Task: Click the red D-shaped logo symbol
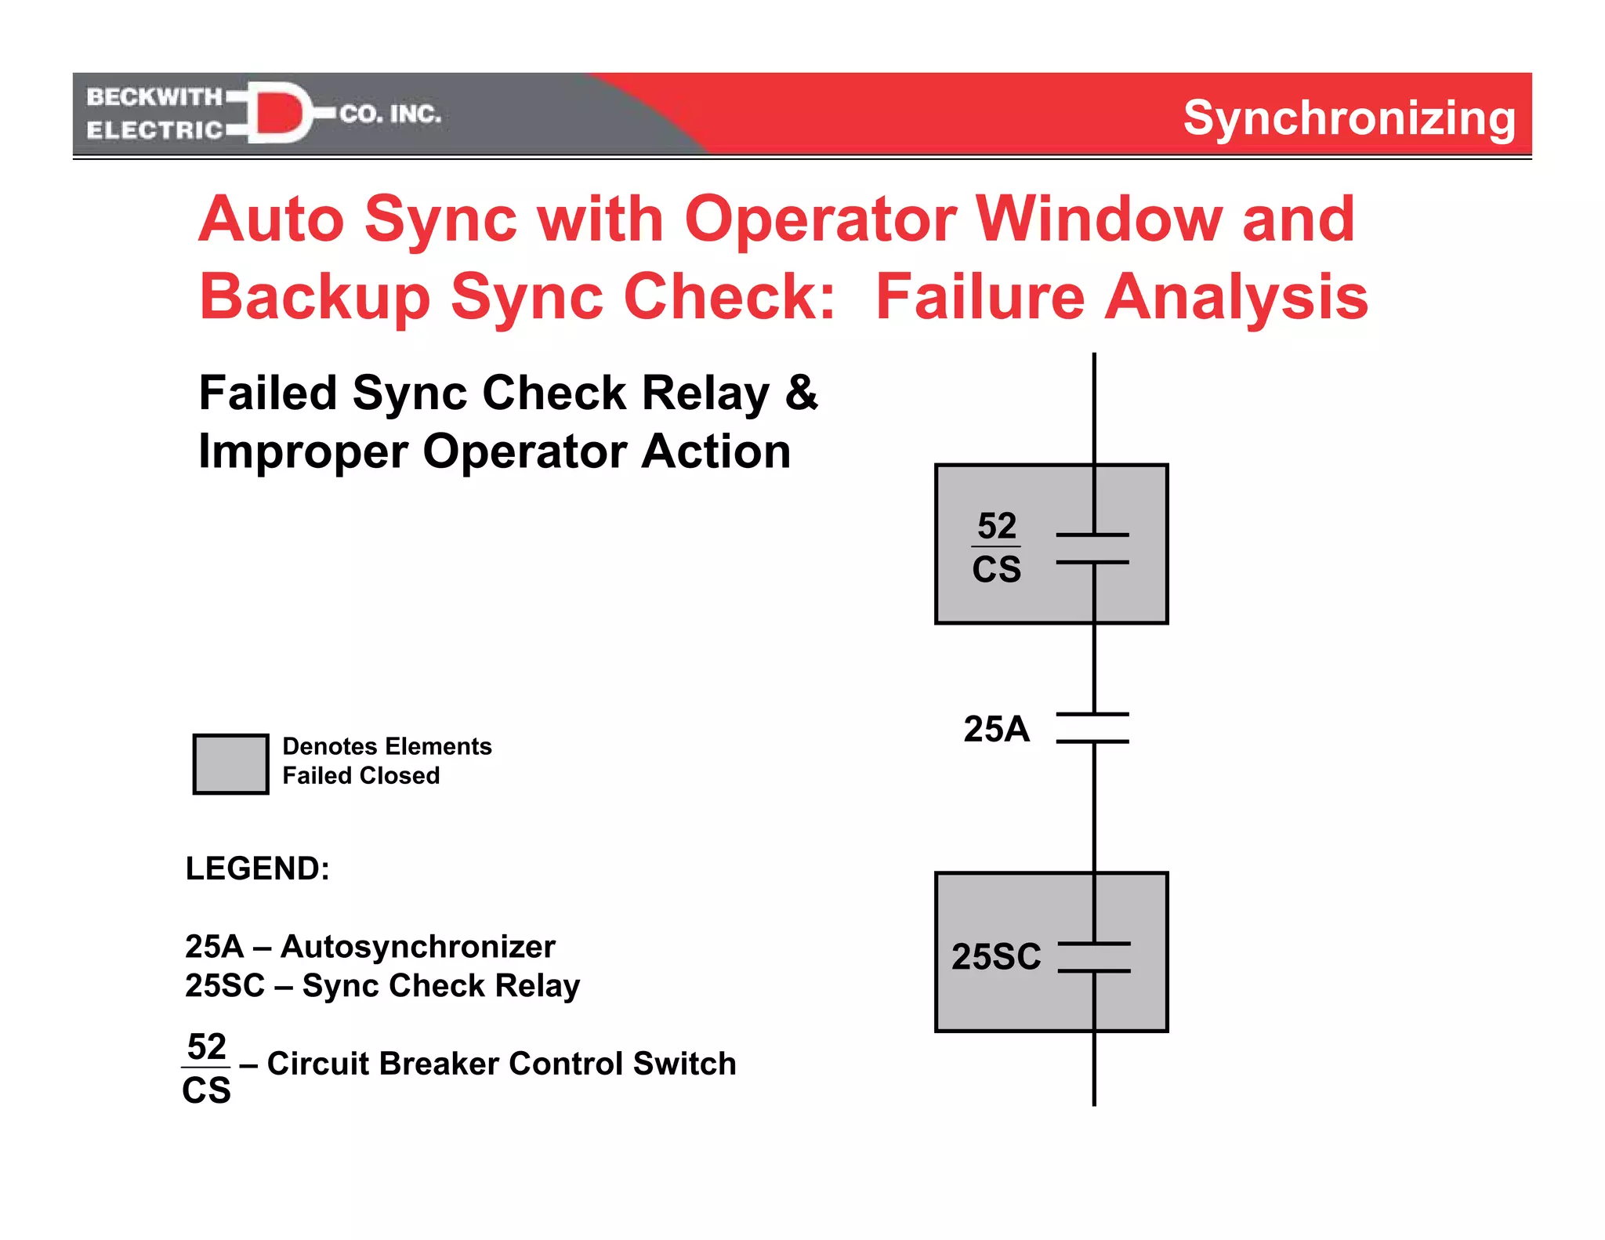point(278,114)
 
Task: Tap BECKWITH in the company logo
point(154,96)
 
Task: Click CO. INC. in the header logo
point(390,114)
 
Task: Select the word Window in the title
point(1098,219)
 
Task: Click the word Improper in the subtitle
point(303,452)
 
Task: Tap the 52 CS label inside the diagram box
point(996,547)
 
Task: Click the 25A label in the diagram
point(996,729)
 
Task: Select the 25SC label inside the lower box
point(996,957)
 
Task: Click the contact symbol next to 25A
point(1093,727)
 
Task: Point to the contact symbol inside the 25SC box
point(1094,957)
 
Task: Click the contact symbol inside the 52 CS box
point(1093,548)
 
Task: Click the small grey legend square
point(231,763)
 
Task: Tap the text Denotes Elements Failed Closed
point(386,760)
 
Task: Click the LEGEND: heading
point(257,868)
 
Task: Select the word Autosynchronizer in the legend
point(418,947)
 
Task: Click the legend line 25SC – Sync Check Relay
point(382,985)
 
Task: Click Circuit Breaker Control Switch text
point(501,1064)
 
